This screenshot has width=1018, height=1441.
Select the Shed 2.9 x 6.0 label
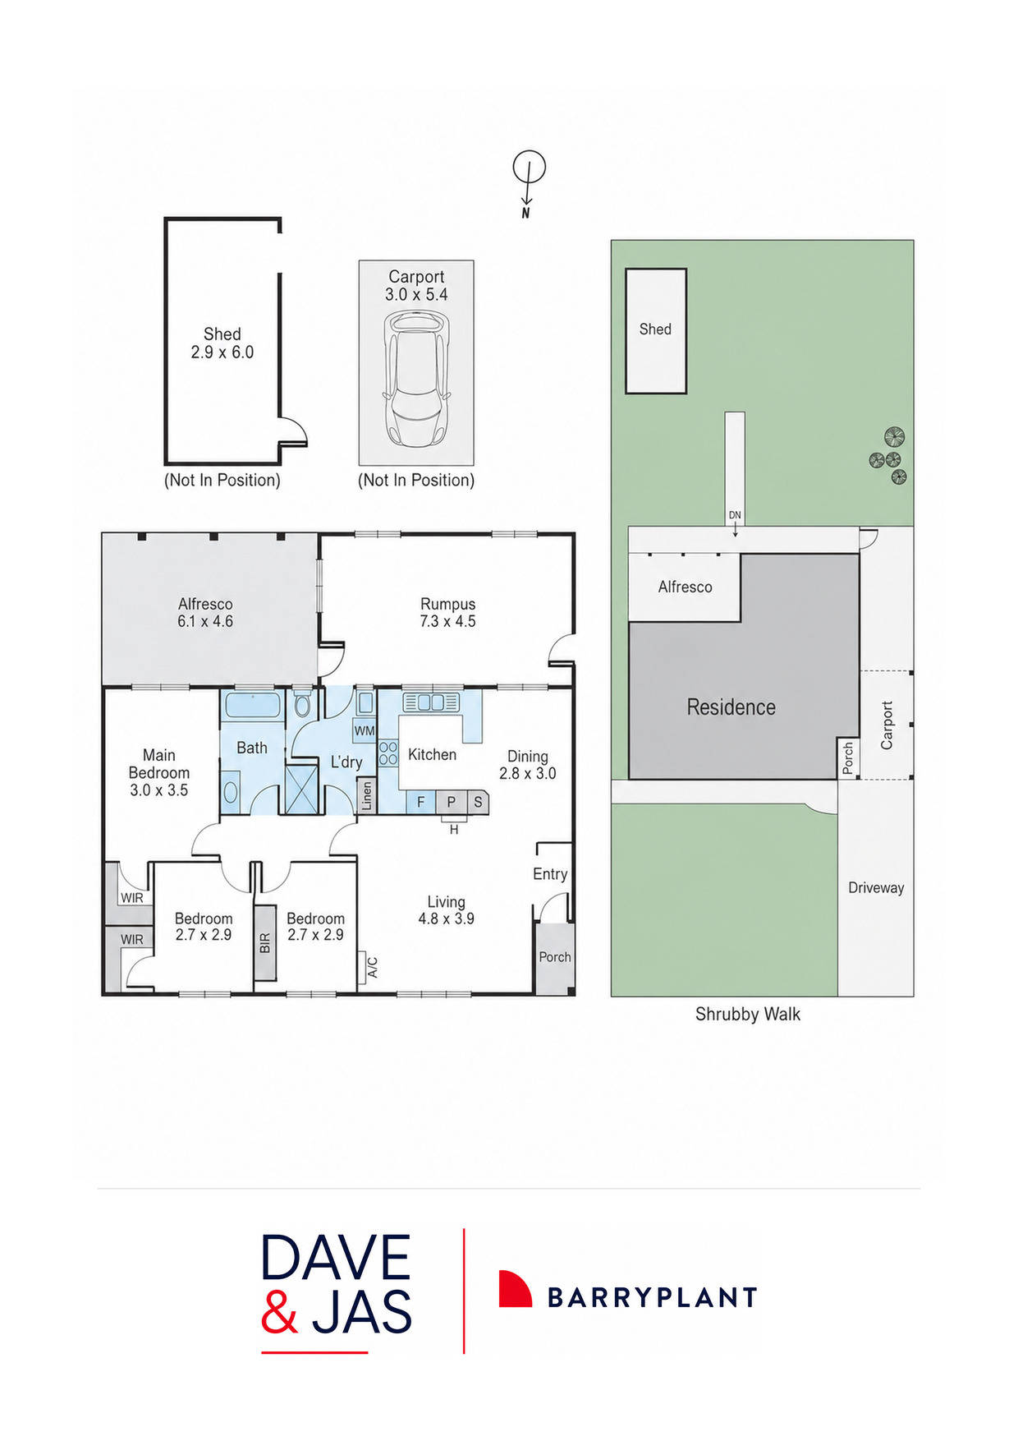(222, 343)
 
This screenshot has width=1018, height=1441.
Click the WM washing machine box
(365, 730)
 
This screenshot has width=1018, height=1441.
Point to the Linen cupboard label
(367, 795)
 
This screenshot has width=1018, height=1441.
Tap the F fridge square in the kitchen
(421, 802)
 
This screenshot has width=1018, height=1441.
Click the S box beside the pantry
(478, 802)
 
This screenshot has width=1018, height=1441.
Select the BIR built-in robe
(264, 943)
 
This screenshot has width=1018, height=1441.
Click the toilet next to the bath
(302, 705)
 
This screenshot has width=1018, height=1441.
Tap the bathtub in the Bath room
(253, 705)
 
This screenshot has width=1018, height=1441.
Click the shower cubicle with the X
(301, 789)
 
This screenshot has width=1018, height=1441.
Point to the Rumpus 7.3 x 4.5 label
(447, 613)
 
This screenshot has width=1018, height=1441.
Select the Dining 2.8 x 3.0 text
(528, 765)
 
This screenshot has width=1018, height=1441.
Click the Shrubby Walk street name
(747, 1015)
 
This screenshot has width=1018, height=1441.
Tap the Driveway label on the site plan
(876, 887)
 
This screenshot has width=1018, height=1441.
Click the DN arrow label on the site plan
(735, 515)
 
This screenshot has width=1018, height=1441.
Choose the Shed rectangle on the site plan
(656, 330)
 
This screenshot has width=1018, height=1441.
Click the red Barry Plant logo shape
(515, 1288)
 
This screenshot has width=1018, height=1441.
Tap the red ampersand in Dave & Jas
(279, 1312)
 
